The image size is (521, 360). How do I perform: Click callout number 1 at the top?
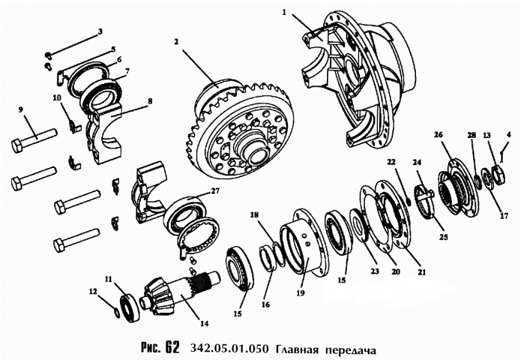[x=284, y=13]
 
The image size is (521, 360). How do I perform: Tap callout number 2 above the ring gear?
[x=176, y=43]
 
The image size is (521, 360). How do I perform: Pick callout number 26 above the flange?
[x=439, y=134]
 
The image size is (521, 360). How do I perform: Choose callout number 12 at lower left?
[x=94, y=291]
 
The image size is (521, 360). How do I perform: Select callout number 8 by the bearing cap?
[x=150, y=100]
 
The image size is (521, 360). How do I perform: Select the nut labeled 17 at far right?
[x=497, y=178]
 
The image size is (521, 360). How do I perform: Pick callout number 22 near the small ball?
[x=391, y=162]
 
